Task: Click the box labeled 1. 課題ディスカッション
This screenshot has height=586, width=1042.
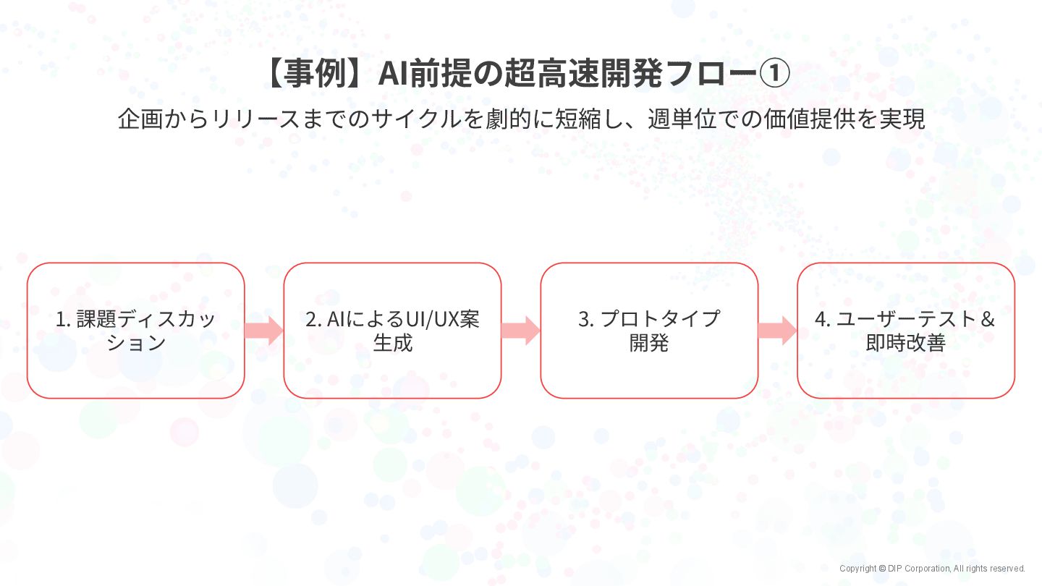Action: (136, 331)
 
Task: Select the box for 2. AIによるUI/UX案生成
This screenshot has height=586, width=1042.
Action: (392, 331)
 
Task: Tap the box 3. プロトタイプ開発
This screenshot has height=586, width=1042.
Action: (649, 331)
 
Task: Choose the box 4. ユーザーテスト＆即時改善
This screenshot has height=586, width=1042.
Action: (906, 331)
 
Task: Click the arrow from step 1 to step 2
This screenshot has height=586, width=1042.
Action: (264, 331)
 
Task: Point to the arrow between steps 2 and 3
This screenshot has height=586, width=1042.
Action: (521, 331)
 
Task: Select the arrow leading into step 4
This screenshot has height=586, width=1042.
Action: (778, 331)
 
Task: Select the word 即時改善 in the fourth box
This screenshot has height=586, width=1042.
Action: (906, 343)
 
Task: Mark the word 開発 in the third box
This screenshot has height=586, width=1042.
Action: (649, 343)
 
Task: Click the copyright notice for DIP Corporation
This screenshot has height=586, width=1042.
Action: (932, 569)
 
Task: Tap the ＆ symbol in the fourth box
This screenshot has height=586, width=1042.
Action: (987, 319)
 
